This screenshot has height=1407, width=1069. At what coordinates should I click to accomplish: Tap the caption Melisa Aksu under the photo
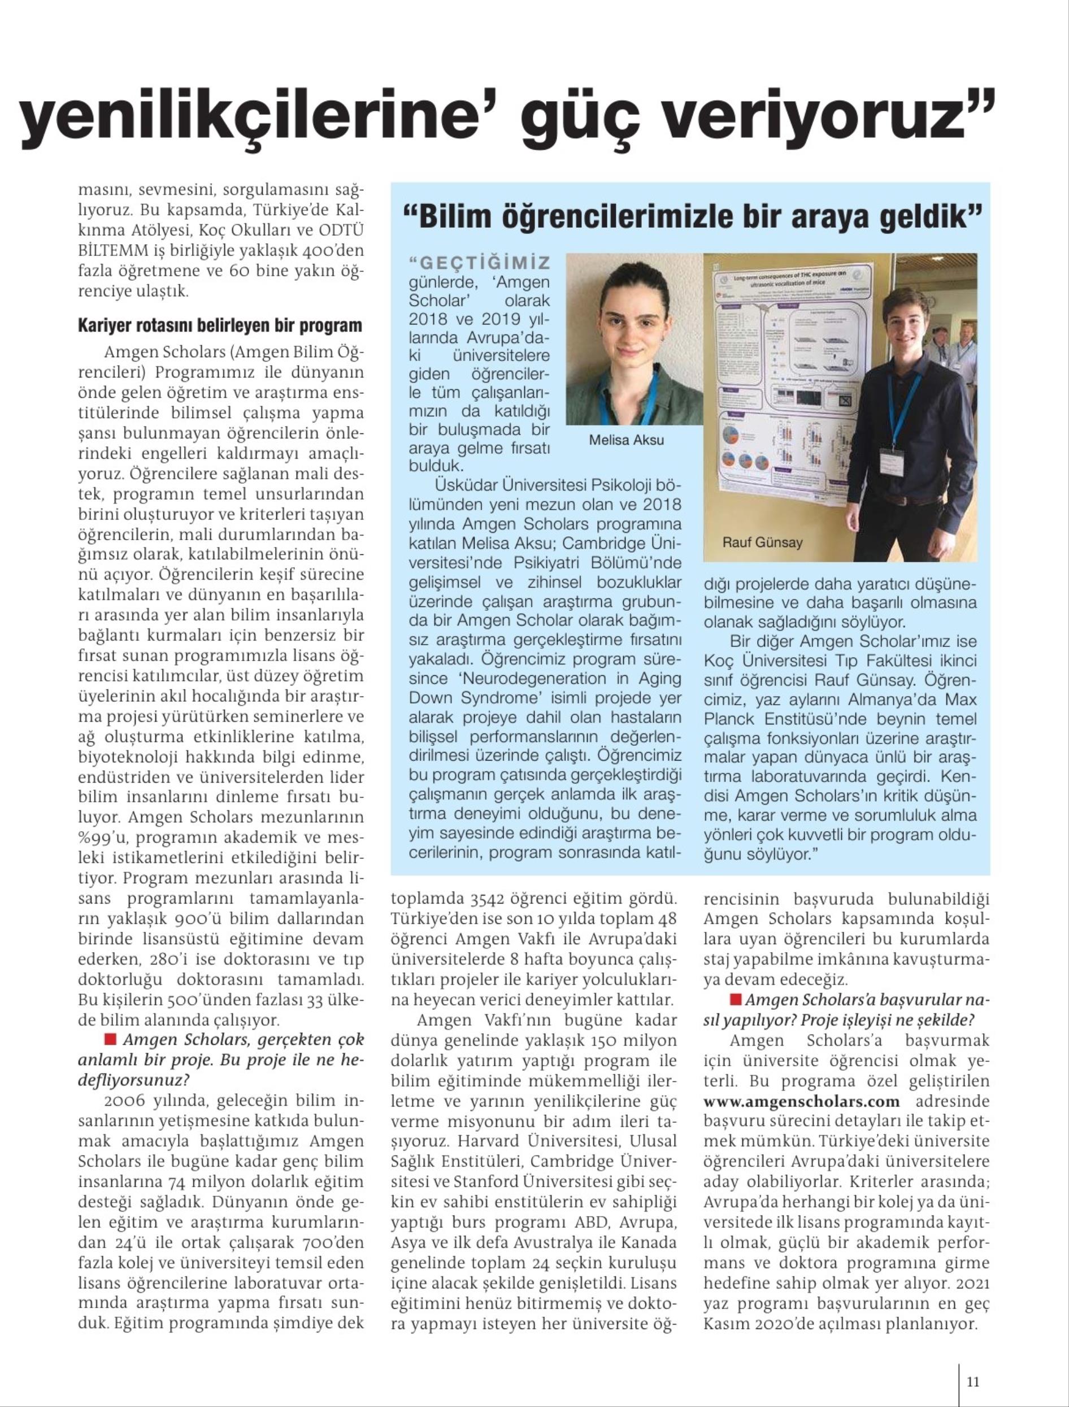[626, 440]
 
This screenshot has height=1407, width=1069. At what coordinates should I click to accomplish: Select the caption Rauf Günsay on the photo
[762, 543]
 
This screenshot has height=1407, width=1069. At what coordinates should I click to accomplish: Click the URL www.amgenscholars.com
[802, 1101]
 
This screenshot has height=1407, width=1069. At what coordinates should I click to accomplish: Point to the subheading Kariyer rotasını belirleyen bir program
[220, 326]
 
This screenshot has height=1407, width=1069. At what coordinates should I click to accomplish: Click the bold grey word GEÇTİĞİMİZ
[480, 263]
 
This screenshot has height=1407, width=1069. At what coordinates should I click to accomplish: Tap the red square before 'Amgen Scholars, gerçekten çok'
[109, 1039]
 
